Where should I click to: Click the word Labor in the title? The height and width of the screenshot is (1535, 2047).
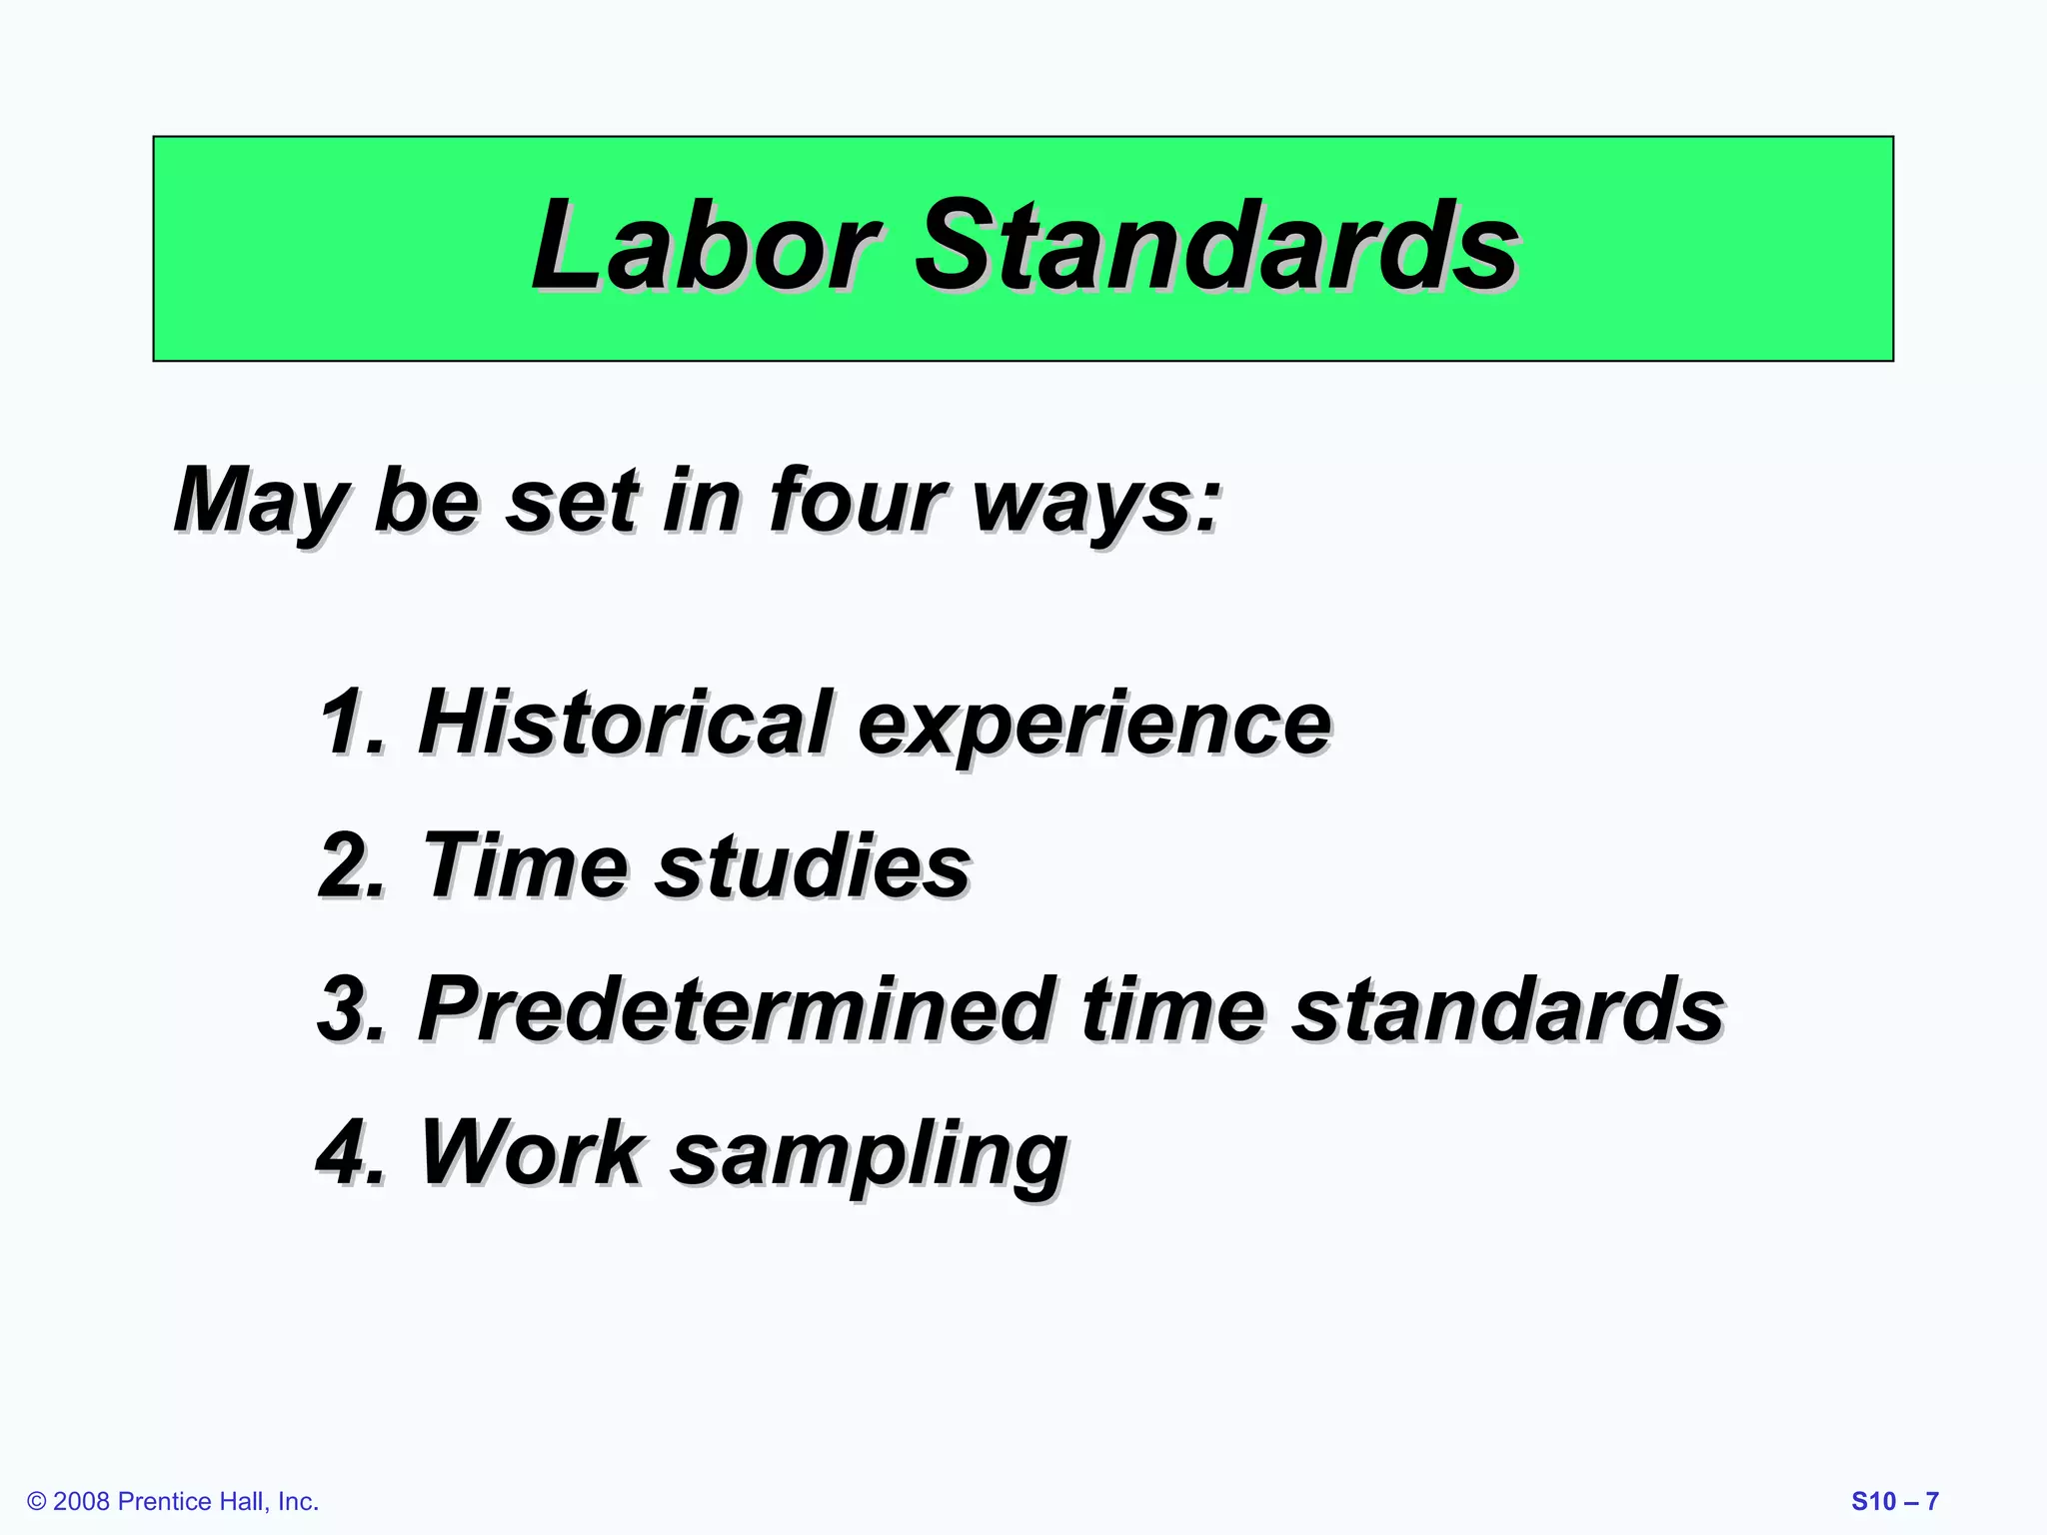705,246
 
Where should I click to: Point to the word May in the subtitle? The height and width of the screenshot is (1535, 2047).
260,503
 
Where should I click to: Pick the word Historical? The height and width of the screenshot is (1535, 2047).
625,723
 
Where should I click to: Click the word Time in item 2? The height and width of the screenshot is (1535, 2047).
526,865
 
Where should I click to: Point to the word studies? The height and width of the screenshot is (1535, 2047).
813,865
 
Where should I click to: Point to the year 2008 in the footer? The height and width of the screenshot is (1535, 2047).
81,1502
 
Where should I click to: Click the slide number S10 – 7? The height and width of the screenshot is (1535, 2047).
1895,1502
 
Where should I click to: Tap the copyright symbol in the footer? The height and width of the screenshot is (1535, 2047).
37,1502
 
